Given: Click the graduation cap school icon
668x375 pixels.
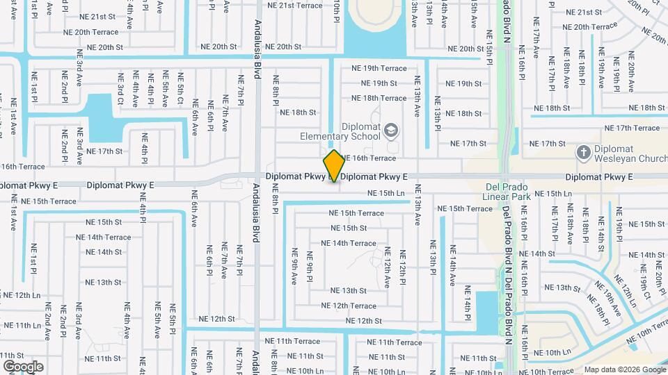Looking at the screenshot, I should (x=391, y=131).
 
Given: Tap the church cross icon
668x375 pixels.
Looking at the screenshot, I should (x=583, y=151).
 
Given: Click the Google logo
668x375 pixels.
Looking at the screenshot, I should (x=23, y=366).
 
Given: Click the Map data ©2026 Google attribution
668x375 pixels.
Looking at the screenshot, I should (x=624, y=369).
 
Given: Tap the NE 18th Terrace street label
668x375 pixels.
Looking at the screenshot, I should (x=383, y=98).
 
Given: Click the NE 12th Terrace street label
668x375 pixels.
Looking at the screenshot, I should (x=348, y=306).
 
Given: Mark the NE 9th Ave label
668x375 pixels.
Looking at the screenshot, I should (x=295, y=265).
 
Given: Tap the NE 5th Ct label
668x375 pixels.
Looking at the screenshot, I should (x=180, y=89).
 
